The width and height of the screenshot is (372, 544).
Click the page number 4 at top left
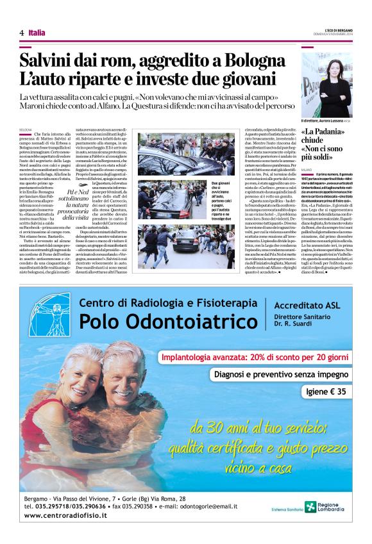(x=22, y=32)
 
